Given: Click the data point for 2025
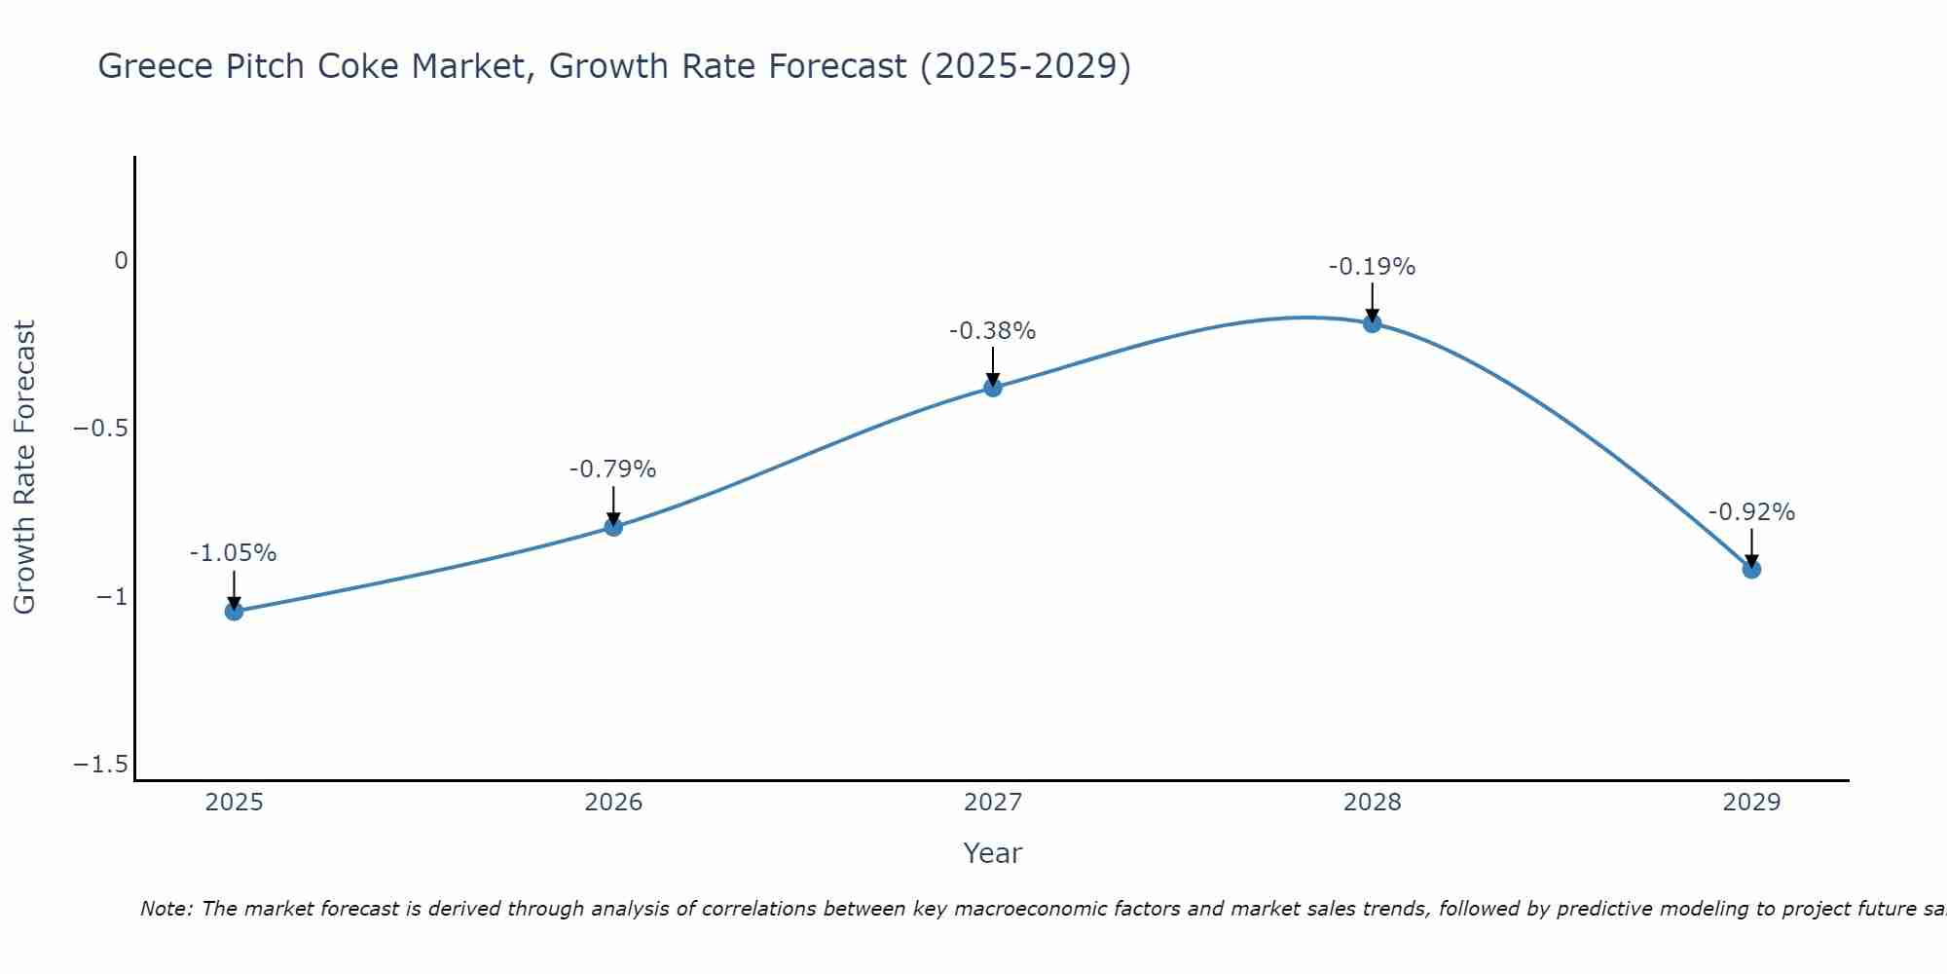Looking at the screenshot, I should [234, 611].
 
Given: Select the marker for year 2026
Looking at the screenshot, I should [613, 527].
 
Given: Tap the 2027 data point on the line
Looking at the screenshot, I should [993, 388].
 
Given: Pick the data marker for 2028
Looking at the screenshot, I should [1372, 323].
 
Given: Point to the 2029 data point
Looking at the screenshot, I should [1751, 569].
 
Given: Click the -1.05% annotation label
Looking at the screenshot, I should [233, 553].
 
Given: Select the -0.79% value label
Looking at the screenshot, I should [612, 469].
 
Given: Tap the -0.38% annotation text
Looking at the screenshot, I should [992, 331].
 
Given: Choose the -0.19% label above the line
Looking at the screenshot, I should [1372, 267].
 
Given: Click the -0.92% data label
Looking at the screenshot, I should [1751, 512].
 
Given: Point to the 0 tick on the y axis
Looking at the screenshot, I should [121, 261].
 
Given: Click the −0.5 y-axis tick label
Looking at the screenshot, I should [100, 429].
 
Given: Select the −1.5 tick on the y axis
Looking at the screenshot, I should [100, 765].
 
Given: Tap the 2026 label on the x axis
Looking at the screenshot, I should [613, 803].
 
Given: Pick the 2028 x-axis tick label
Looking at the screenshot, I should [1372, 803].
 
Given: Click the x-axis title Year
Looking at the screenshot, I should [992, 853].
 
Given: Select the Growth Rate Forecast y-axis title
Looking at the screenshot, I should [24, 468].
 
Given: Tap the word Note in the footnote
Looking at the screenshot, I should [166, 909].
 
